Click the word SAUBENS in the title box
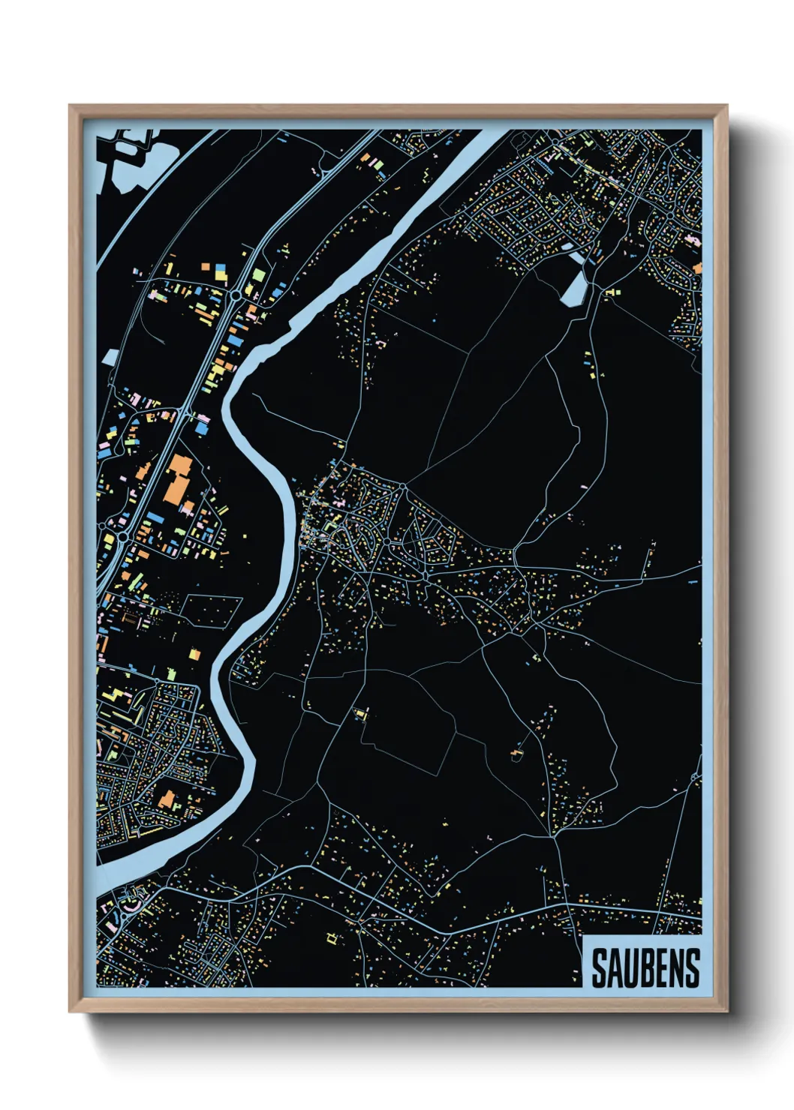(645, 968)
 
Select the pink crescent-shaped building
(131, 903)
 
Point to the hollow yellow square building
(332, 937)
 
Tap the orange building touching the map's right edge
(697, 268)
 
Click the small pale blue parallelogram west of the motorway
(110, 357)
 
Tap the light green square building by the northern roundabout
(258, 275)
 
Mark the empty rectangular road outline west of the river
(212, 610)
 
